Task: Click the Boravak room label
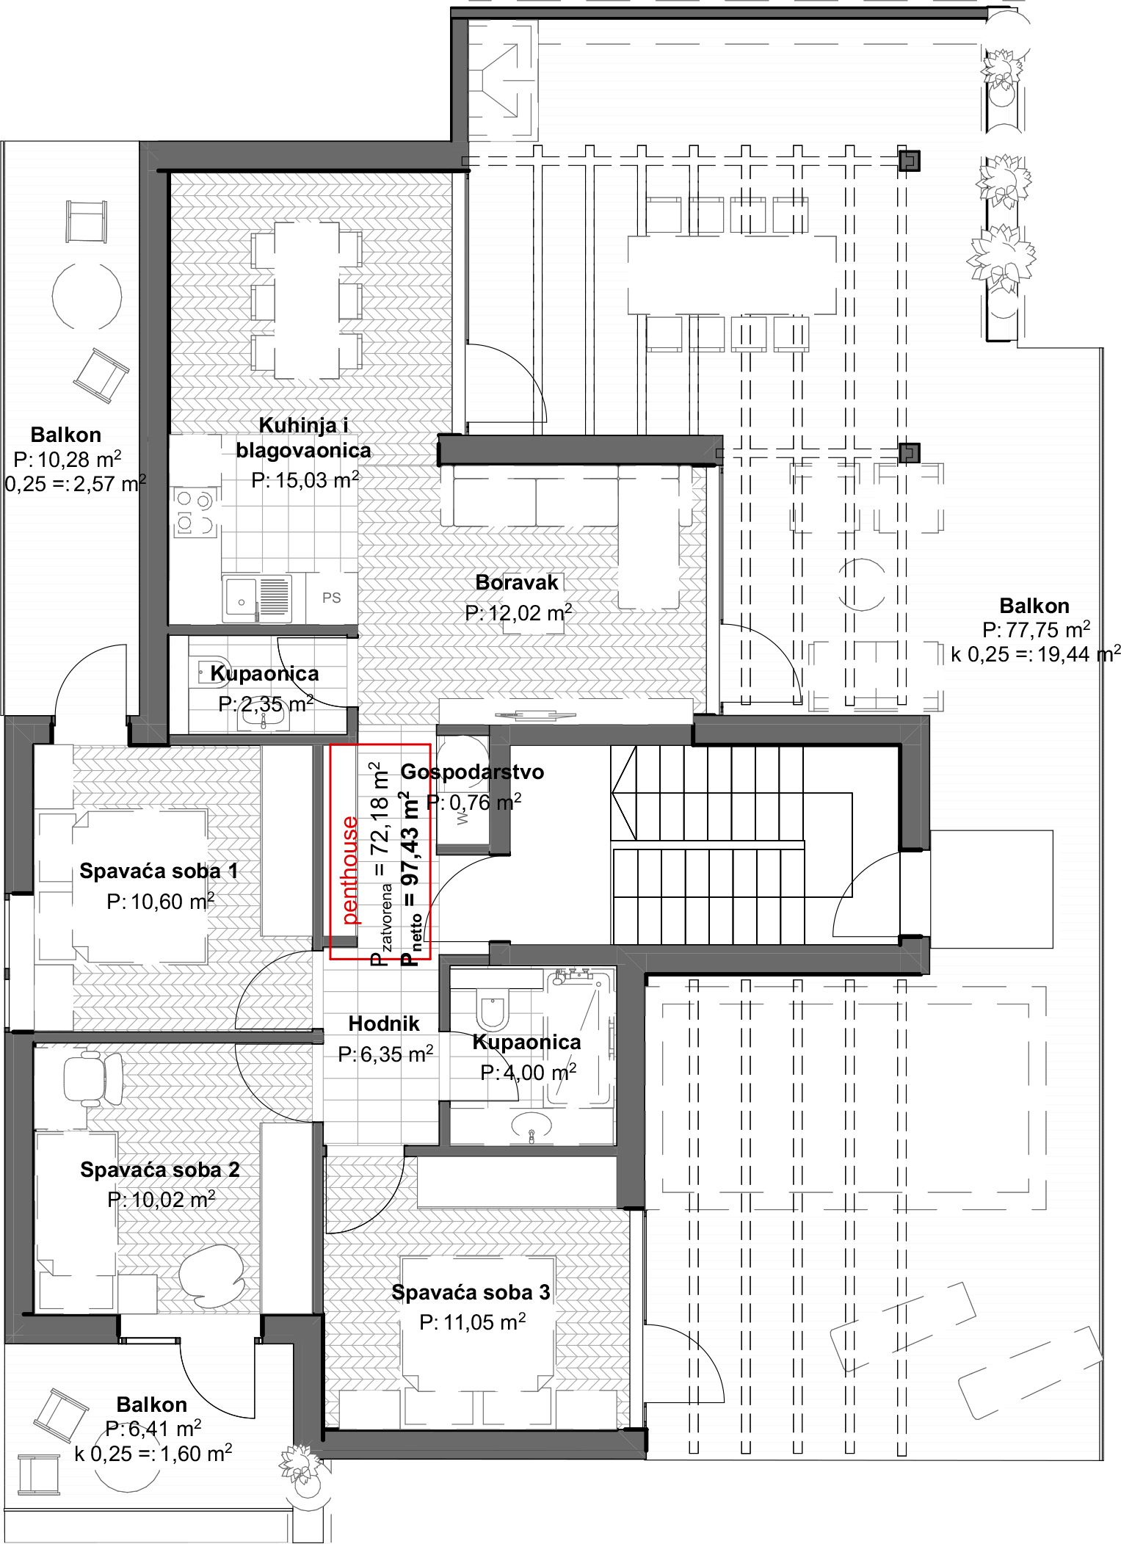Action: click(517, 582)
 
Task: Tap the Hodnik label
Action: click(384, 1023)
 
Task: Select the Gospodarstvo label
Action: click(472, 772)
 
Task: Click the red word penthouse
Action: click(351, 869)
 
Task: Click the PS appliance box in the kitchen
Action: click(332, 598)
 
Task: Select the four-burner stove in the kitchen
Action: click(195, 513)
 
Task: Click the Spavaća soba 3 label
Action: click(471, 1292)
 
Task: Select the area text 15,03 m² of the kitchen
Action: click(305, 479)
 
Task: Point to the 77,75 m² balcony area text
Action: click(1036, 629)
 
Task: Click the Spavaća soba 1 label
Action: click(159, 871)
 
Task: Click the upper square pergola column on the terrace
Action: click(910, 160)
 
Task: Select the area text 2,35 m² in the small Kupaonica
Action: click(266, 703)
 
